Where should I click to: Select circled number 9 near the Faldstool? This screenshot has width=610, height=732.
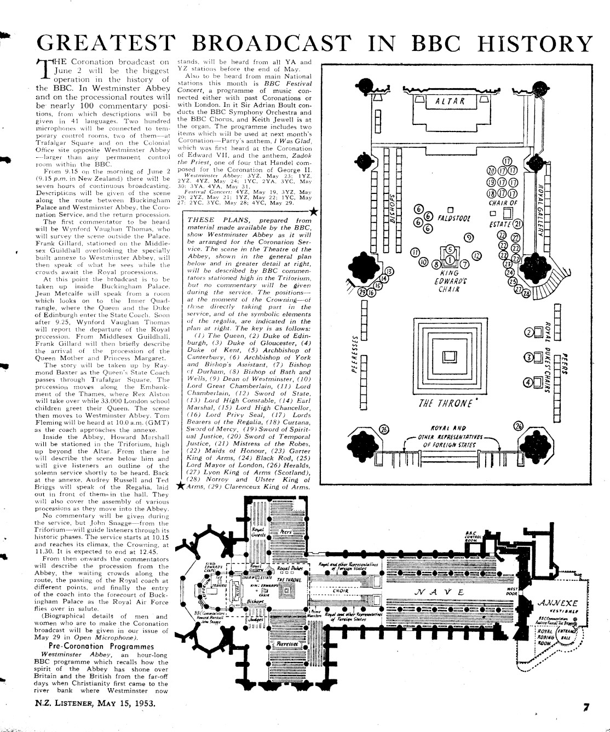(469, 237)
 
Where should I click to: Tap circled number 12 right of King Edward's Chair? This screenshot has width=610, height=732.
(477, 255)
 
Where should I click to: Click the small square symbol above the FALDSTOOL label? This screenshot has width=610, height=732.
(450, 209)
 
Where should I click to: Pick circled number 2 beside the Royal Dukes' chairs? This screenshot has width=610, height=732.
(529, 333)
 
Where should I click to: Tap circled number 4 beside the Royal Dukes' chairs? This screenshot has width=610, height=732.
(529, 382)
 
